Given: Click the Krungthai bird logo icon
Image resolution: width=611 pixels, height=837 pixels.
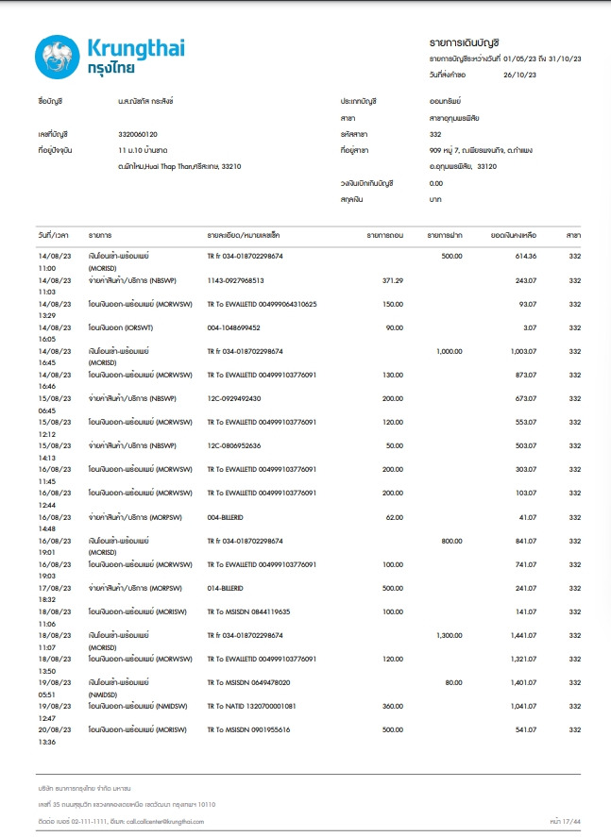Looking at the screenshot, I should click(x=57, y=56).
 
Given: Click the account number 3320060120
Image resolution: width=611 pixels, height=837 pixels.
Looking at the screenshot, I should click(x=138, y=134).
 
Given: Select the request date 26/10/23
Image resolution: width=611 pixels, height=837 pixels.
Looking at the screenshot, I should click(x=519, y=75).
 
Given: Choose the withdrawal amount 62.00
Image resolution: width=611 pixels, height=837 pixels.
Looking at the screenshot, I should click(x=393, y=516).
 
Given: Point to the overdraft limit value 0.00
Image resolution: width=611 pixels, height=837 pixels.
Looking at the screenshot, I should click(x=435, y=183).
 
